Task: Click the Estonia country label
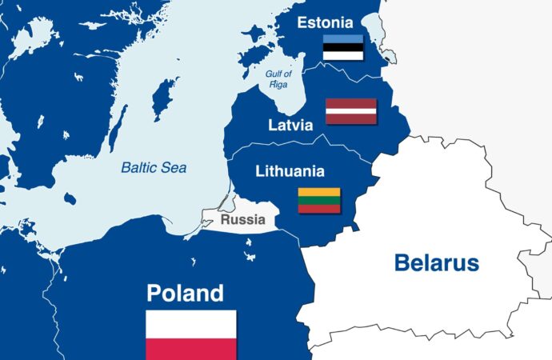[326, 22]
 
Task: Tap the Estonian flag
[343, 48]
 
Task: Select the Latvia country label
[291, 126]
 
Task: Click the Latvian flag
[350, 111]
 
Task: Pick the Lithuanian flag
[319, 200]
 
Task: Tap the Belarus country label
[436, 262]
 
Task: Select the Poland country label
[185, 293]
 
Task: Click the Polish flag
[191, 335]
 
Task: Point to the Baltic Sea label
[154, 168]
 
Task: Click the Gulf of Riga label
[279, 78]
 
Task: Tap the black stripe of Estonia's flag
[343, 48]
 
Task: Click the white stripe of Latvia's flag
[350, 111]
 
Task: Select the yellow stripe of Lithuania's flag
[319, 192]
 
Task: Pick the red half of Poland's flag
[191, 349]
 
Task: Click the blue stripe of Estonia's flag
[343, 39]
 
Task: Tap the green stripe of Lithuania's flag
[319, 200]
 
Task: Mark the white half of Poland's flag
[191, 323]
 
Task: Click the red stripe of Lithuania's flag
[319, 209]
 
